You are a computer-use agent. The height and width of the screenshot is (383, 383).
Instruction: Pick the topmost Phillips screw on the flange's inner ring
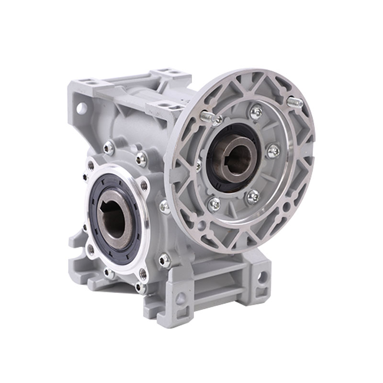click(257, 112)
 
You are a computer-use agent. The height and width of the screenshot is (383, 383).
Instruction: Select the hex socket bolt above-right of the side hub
click(141, 157)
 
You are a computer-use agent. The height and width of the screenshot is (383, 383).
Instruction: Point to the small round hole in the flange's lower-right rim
click(286, 207)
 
